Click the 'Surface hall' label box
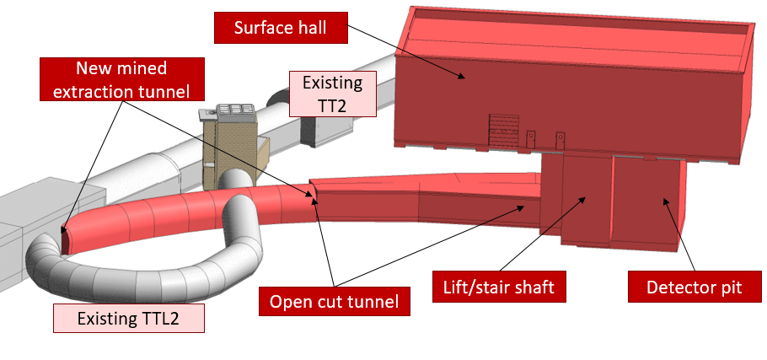[280, 28]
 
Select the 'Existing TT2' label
[333, 93]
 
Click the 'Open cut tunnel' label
[335, 301]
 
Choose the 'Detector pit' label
[694, 287]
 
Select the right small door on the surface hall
[557, 138]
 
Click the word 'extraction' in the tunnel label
[91, 89]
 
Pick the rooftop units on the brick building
[228, 111]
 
